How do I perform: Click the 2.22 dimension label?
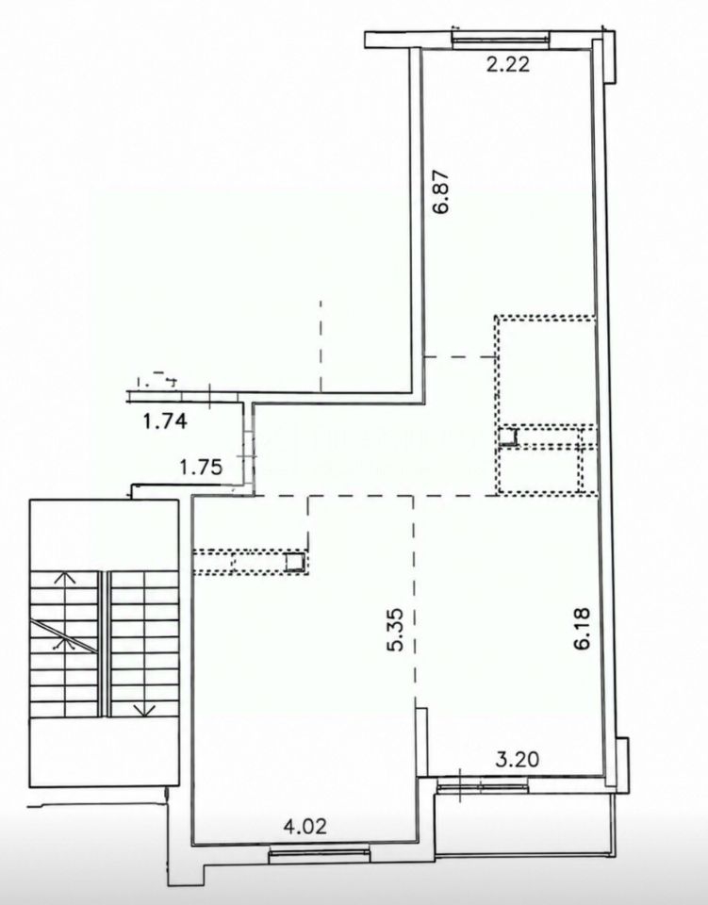508,63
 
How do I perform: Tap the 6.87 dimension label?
442,191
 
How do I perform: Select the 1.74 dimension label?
165,421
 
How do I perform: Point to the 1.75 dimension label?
201,467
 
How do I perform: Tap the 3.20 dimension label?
518,759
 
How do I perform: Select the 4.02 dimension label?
305,826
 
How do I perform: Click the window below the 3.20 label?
483,785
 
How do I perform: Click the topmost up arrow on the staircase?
66,579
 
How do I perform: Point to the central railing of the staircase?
104,644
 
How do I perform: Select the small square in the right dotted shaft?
508,436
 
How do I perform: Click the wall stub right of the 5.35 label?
421,742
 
